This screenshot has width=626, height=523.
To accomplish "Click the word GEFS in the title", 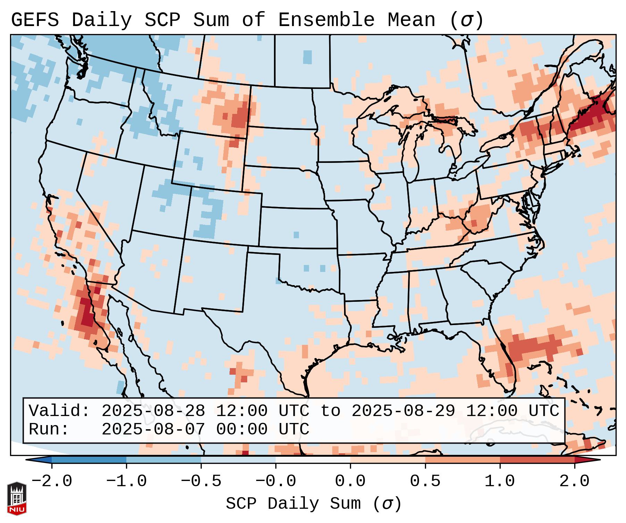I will click(35, 20).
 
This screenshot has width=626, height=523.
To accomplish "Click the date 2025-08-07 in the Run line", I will click(153, 430).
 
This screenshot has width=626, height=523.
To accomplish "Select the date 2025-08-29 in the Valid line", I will click(403, 411).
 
